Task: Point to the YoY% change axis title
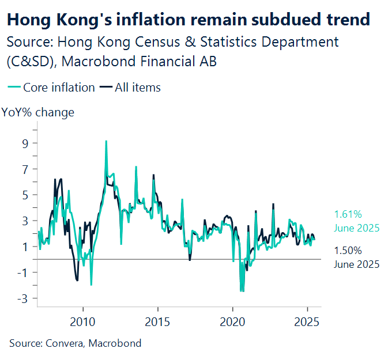pyautogui.click(x=38, y=112)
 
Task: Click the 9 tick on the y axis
pyautogui.click(x=24, y=143)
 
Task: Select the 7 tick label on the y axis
pyautogui.click(x=24, y=169)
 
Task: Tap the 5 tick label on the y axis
pyautogui.click(x=24, y=195)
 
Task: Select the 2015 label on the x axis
pyautogui.click(x=157, y=320)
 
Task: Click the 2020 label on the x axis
pyautogui.click(x=232, y=320)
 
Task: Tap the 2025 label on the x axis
pyautogui.click(x=307, y=320)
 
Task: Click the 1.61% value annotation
pyautogui.click(x=348, y=215)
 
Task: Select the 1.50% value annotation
pyautogui.click(x=348, y=251)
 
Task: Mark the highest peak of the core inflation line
pyautogui.click(x=106, y=141)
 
